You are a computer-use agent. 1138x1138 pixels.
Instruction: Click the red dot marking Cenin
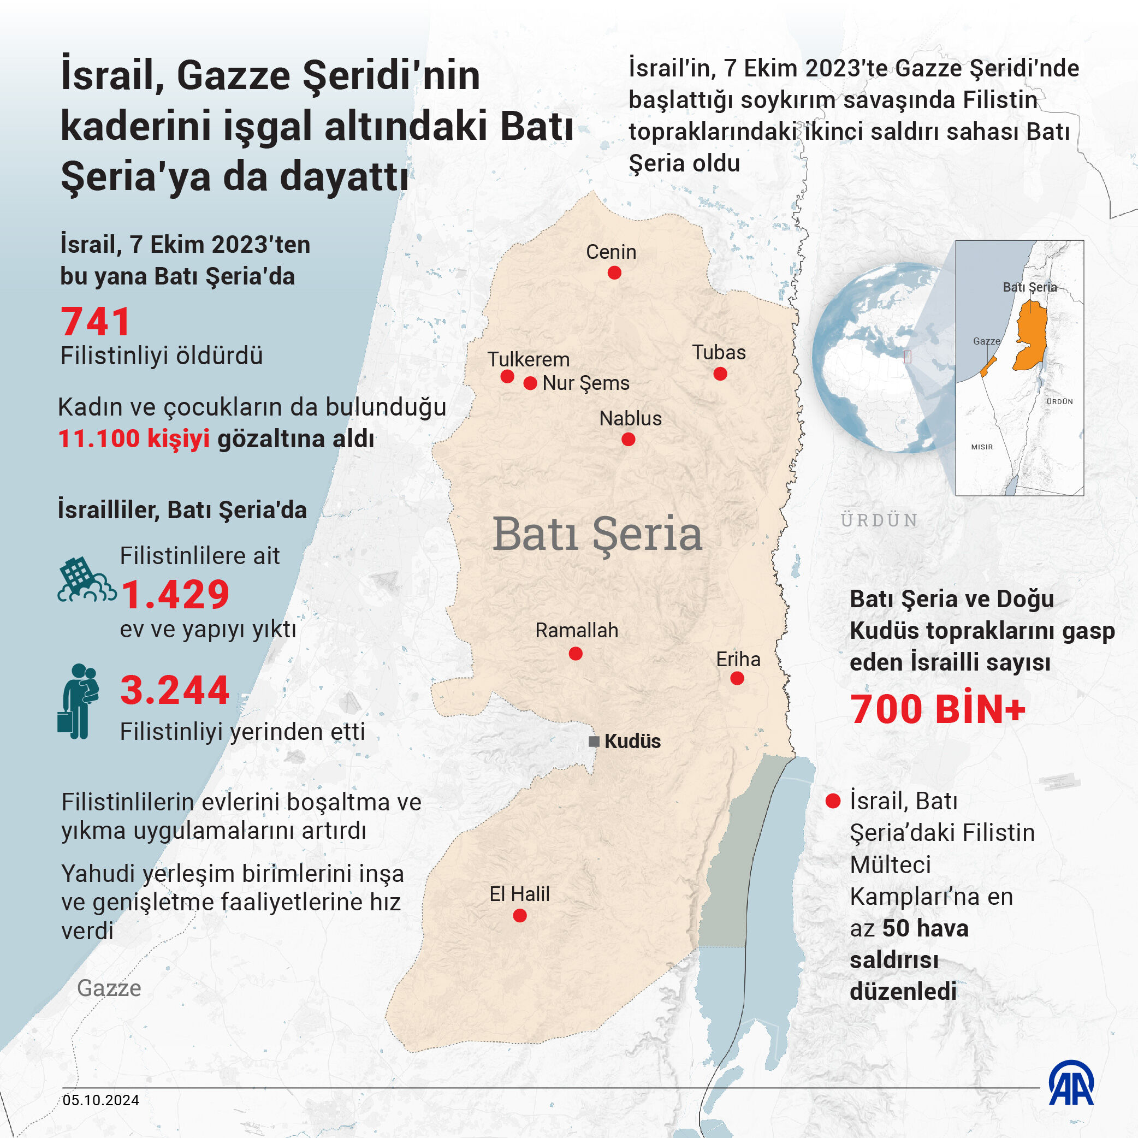[614, 272]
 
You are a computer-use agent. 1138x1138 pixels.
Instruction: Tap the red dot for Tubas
[720, 374]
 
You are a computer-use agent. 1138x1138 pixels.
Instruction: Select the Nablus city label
[630, 418]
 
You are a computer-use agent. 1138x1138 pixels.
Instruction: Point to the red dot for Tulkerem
[507, 376]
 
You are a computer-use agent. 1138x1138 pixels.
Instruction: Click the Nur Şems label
[585, 383]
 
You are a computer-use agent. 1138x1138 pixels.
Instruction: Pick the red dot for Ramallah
[576, 653]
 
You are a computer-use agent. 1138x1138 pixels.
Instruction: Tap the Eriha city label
[738, 659]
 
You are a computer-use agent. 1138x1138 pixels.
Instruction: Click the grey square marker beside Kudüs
[594, 742]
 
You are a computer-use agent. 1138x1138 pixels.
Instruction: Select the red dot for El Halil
[519, 915]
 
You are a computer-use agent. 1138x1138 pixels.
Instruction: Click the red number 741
[96, 322]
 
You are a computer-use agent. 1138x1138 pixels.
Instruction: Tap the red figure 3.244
[174, 690]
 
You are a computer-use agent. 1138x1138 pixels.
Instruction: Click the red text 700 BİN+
[938, 709]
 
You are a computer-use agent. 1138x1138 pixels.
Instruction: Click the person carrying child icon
[78, 702]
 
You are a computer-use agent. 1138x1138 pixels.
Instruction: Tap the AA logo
[1071, 1083]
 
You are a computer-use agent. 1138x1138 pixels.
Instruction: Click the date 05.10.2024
[100, 1100]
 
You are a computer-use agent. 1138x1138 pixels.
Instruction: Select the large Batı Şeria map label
[597, 534]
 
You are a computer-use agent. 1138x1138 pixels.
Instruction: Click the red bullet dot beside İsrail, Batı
[833, 801]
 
